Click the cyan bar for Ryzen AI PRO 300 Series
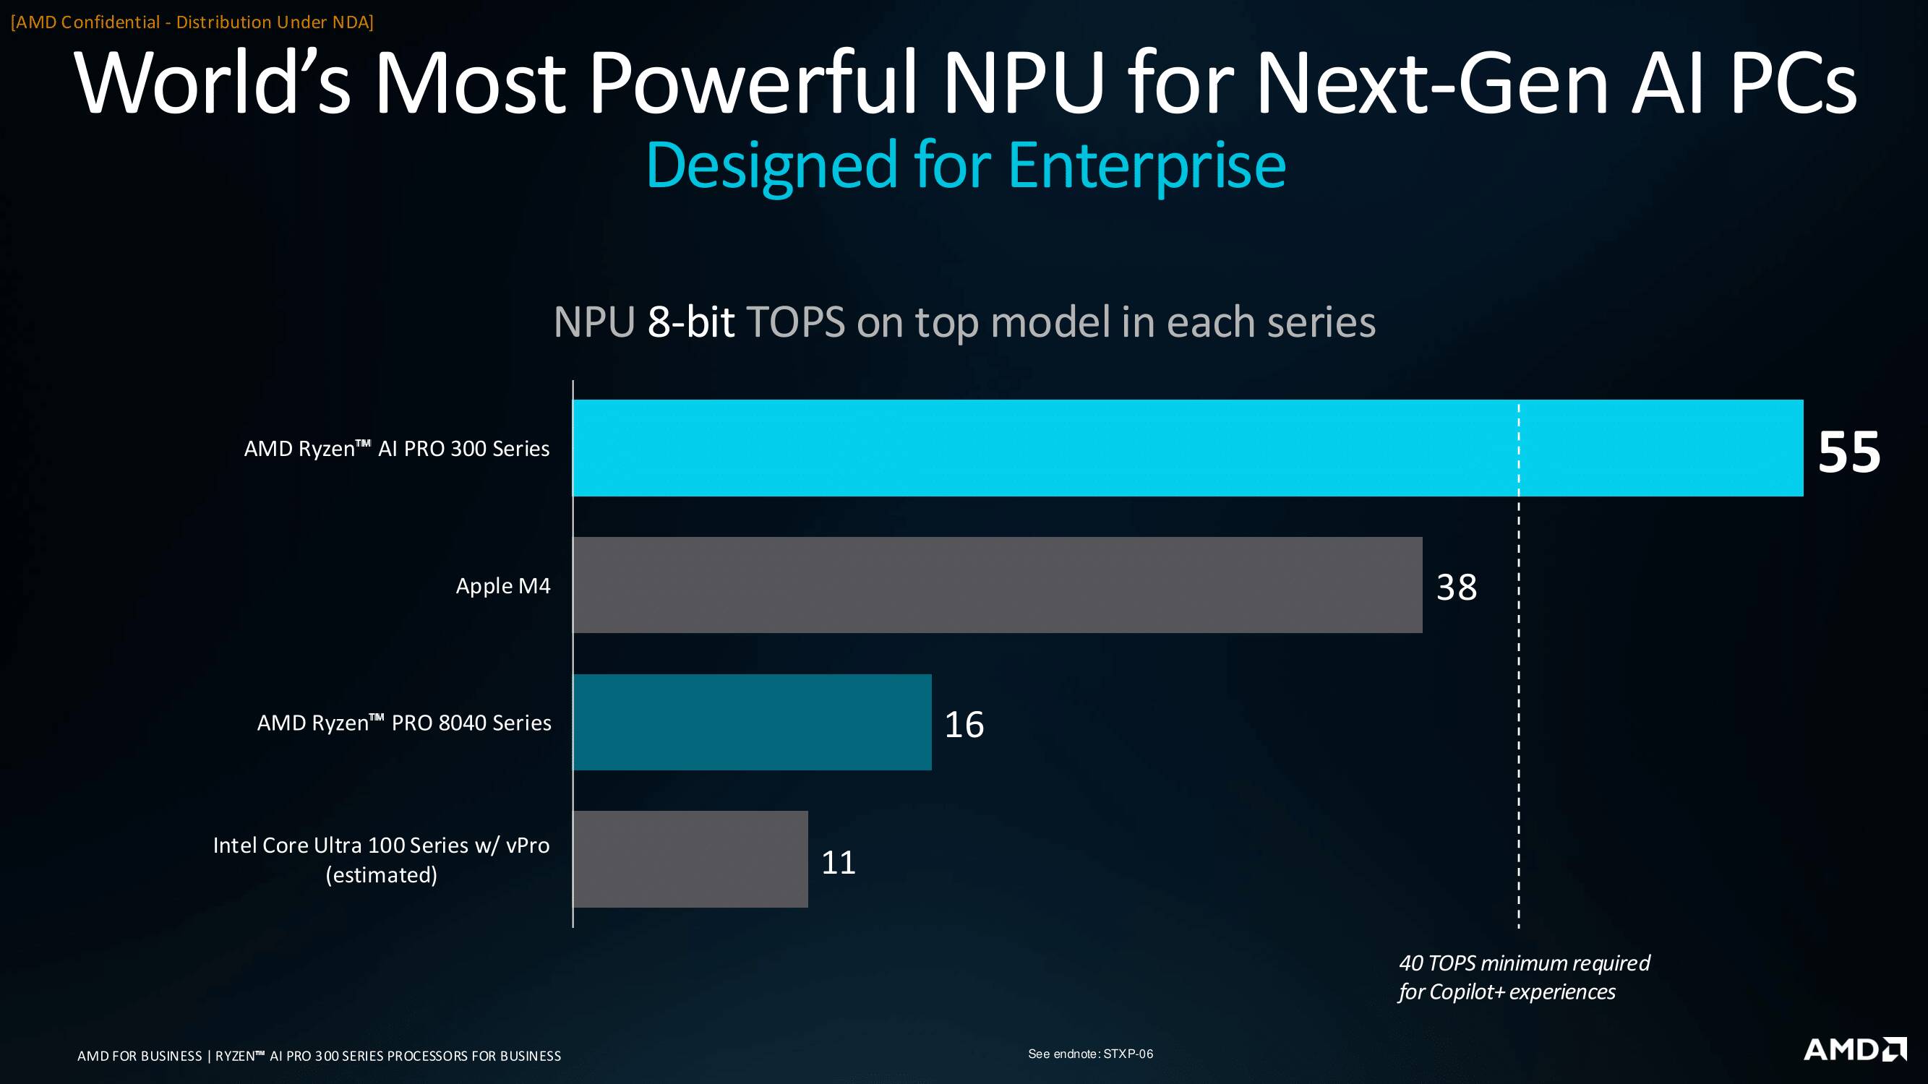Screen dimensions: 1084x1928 click(1188, 447)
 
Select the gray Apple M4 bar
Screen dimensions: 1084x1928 click(997, 585)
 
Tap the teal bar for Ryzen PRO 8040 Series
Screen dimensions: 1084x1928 click(753, 722)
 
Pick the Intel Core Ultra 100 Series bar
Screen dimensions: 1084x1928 click(690, 859)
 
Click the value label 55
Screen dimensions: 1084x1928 click(1848, 452)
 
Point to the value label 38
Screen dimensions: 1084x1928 click(1457, 588)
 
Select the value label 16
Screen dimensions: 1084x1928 click(964, 724)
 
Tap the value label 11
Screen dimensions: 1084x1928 click(839, 862)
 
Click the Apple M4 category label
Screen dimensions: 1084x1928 click(503, 586)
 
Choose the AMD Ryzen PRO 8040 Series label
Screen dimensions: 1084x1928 click(404, 723)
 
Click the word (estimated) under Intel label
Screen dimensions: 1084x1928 click(381, 874)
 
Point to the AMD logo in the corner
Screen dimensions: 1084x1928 click(1855, 1049)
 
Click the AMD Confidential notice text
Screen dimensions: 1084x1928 click(192, 22)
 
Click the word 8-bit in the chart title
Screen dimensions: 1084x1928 click(691, 322)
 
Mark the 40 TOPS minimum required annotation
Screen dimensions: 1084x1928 click(1524, 977)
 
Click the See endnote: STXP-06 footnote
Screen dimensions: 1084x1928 click(1090, 1054)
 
